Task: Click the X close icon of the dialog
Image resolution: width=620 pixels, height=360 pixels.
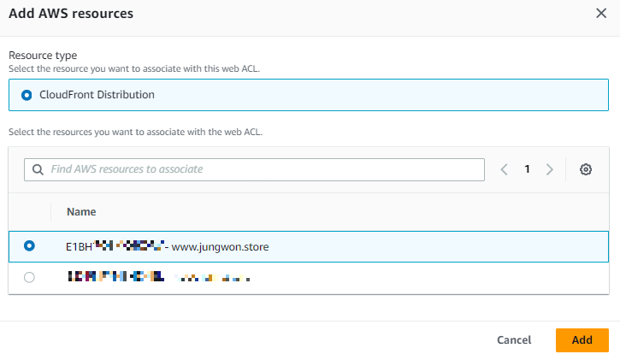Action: pyautogui.click(x=600, y=14)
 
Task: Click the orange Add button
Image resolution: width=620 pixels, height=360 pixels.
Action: pyautogui.click(x=582, y=339)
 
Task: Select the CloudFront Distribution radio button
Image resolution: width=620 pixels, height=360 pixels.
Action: pyautogui.click(x=26, y=95)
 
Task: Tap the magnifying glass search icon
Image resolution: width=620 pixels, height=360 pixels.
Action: pyautogui.click(x=38, y=169)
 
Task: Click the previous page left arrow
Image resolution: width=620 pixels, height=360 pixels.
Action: pyautogui.click(x=505, y=169)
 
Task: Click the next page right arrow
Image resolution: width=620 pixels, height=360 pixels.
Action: pyautogui.click(x=550, y=169)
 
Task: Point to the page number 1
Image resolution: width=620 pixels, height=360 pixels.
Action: pyautogui.click(x=528, y=169)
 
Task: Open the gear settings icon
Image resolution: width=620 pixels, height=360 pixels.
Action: pyautogui.click(x=586, y=169)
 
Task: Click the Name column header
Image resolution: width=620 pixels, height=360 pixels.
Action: pyautogui.click(x=81, y=211)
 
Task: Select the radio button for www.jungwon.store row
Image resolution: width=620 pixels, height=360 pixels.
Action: pyautogui.click(x=30, y=246)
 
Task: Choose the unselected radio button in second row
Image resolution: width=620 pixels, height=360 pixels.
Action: pyautogui.click(x=30, y=277)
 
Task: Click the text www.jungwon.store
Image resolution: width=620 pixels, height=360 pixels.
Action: pyautogui.click(x=221, y=247)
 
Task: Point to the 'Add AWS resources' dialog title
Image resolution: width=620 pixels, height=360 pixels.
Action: pyautogui.click(x=71, y=14)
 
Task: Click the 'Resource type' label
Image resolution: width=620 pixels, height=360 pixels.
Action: pyautogui.click(x=42, y=55)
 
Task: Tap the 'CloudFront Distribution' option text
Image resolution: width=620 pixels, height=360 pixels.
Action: pyautogui.click(x=97, y=95)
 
